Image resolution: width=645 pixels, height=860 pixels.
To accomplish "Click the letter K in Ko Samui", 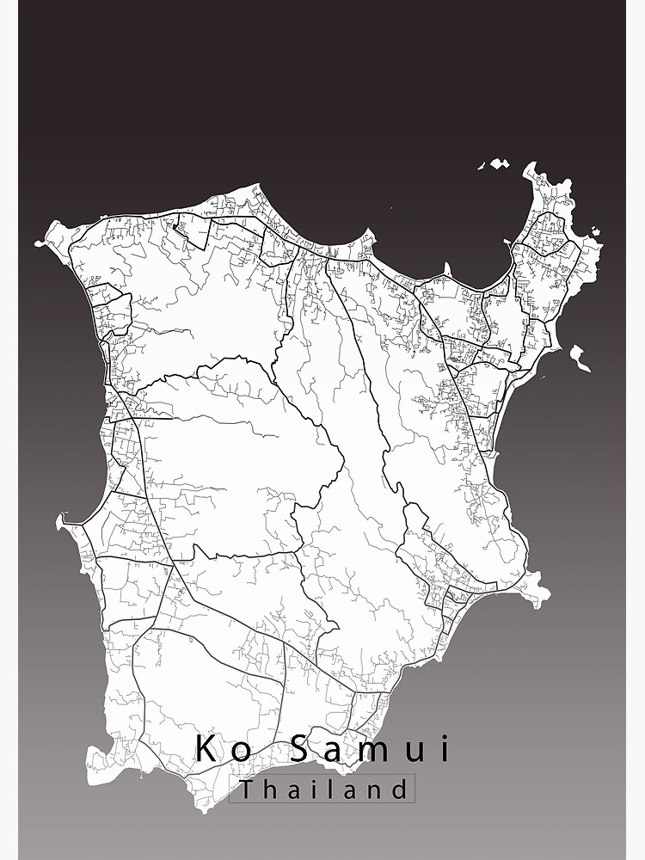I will click(206, 748).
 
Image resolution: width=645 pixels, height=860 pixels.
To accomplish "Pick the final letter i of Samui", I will click(444, 748).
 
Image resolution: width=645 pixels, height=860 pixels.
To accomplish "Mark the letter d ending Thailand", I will click(399, 789).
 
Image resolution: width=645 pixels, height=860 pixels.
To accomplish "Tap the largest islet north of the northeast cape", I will click(498, 163).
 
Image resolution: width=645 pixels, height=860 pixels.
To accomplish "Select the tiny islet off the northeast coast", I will click(593, 230).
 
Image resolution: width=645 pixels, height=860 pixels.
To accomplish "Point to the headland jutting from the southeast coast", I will click(537, 592).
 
